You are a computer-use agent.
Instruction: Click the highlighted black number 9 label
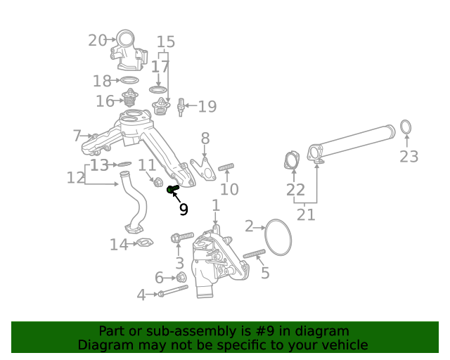184,209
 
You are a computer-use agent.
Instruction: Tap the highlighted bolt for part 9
172,189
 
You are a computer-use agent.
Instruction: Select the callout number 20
97,40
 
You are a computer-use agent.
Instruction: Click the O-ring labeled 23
406,127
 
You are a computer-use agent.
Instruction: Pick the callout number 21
306,214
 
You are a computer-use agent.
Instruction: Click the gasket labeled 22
290,160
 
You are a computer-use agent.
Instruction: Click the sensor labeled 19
181,107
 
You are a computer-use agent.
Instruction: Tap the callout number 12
75,178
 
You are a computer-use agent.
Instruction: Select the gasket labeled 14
143,244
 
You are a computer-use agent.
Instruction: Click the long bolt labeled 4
170,294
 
